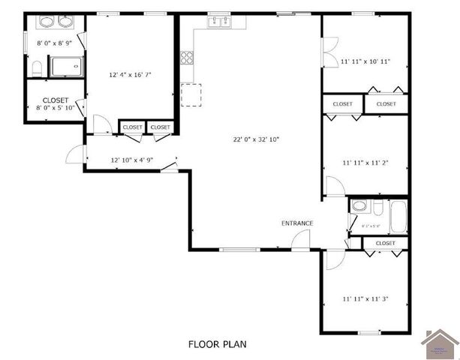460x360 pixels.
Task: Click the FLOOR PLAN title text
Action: point(217,344)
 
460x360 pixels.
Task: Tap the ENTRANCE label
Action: point(297,223)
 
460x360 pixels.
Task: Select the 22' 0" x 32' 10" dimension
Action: point(256,139)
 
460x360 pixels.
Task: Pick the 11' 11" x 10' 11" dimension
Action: point(365,61)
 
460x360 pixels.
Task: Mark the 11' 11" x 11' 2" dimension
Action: point(365,162)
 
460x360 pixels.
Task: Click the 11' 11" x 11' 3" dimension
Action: point(365,299)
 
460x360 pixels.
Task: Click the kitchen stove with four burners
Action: point(187,56)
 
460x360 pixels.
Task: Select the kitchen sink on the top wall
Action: point(221,22)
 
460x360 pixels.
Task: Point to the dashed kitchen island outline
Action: point(191,95)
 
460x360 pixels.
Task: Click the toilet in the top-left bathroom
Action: point(37,70)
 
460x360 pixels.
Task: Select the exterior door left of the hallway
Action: point(75,153)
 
